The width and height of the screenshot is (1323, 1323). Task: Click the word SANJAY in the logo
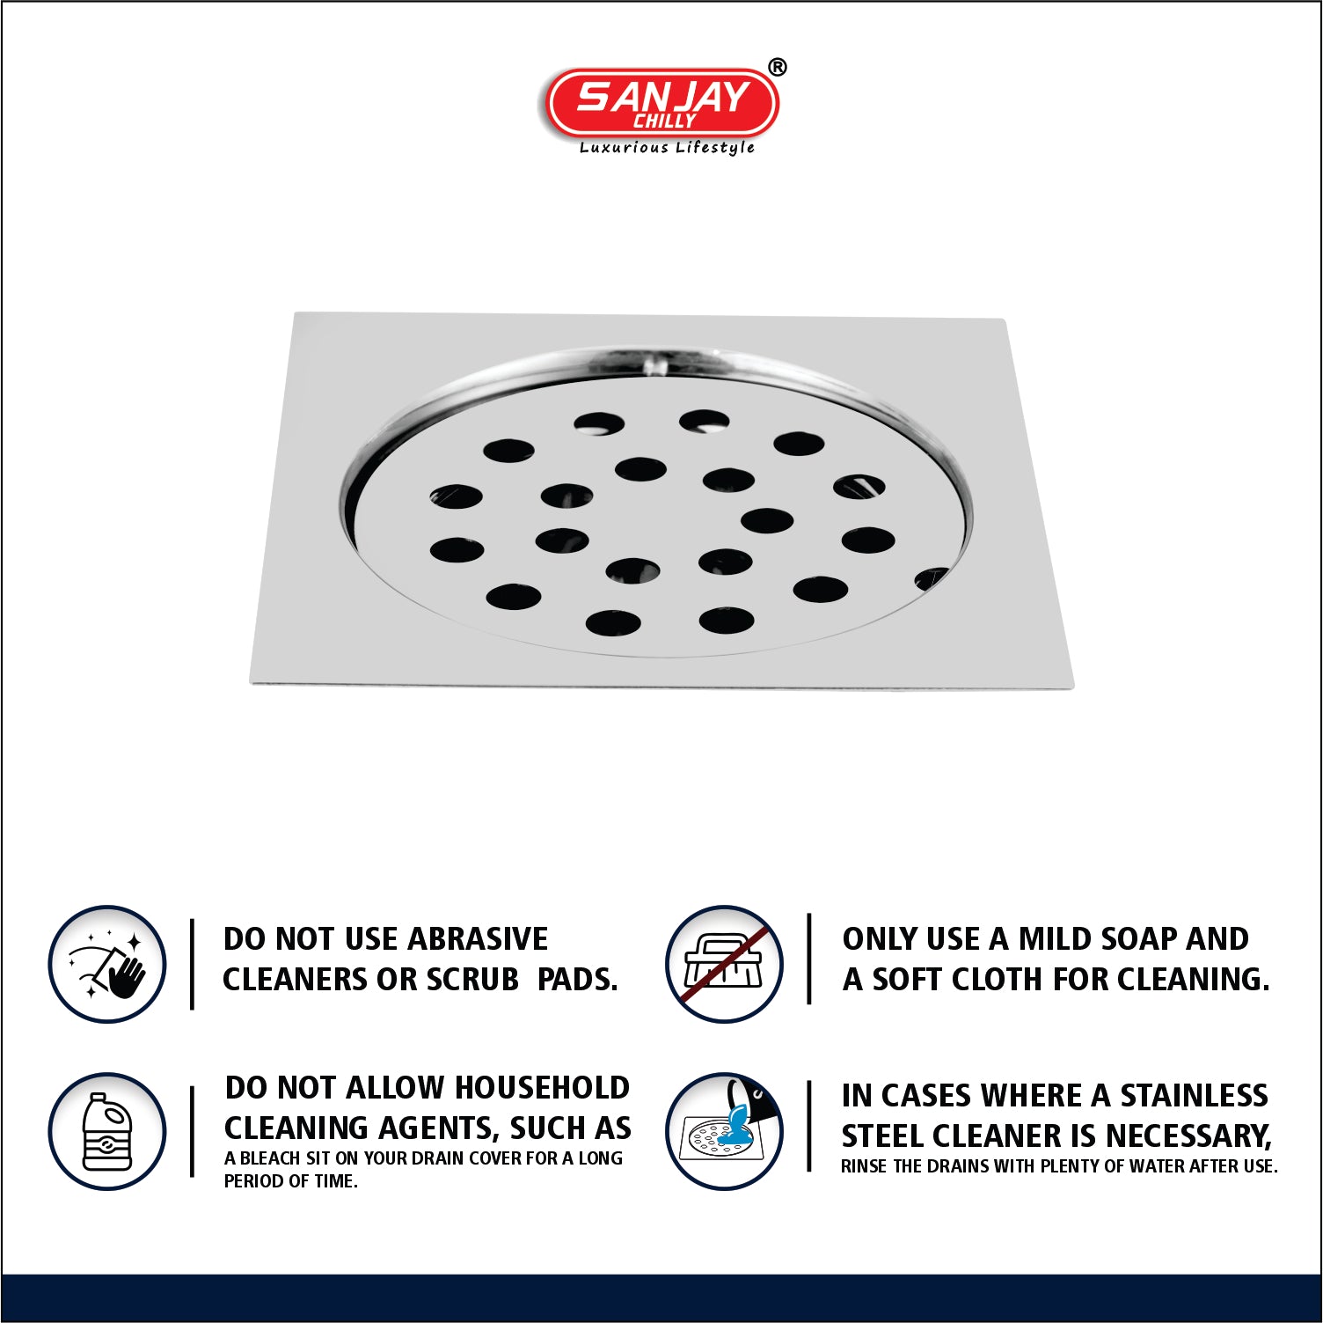pyautogui.click(x=662, y=96)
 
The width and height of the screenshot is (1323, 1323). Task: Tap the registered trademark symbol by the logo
pyautogui.click(x=778, y=67)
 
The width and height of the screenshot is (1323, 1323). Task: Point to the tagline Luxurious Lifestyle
pyautogui.click(x=667, y=148)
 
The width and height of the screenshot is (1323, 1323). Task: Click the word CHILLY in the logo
pyautogui.click(x=665, y=121)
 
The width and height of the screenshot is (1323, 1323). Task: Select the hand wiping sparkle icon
pyautogui.click(x=107, y=965)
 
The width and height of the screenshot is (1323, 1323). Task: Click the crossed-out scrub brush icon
pyautogui.click(x=724, y=965)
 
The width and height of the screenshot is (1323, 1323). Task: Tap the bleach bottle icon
pyautogui.click(x=107, y=1131)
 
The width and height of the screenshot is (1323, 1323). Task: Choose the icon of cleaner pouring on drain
pyautogui.click(x=724, y=1131)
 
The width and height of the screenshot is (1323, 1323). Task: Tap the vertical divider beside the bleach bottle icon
pyautogui.click(x=192, y=1131)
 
